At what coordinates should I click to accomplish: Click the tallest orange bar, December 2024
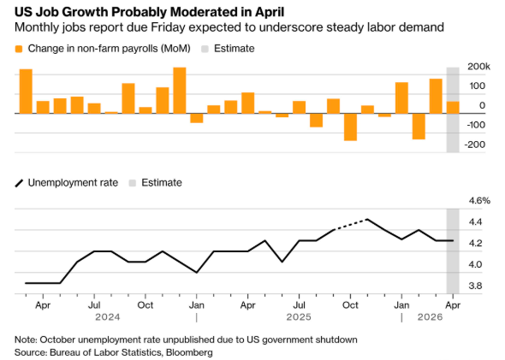(x=180, y=91)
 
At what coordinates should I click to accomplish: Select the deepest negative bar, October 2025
(x=350, y=127)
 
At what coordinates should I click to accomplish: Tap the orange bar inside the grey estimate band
(x=453, y=108)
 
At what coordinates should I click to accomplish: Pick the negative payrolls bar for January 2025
(x=197, y=118)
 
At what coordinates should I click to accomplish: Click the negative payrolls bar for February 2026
(x=419, y=127)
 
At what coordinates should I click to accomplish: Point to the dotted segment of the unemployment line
(x=350, y=225)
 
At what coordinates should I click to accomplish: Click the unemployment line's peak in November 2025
(x=367, y=220)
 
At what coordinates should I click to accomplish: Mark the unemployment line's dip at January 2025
(x=197, y=272)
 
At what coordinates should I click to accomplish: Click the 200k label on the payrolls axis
(x=478, y=67)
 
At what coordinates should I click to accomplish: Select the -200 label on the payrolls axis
(x=474, y=145)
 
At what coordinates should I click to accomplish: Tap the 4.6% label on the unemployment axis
(x=479, y=201)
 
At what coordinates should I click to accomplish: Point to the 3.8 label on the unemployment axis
(x=475, y=286)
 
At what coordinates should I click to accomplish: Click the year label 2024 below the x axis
(x=108, y=317)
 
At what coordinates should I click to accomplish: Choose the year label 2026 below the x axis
(x=430, y=317)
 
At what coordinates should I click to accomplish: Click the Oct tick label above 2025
(x=350, y=305)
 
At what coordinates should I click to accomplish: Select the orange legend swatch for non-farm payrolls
(x=19, y=49)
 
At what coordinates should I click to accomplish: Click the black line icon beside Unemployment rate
(x=20, y=183)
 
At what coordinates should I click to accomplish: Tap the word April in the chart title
(x=270, y=12)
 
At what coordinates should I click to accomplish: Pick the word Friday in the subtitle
(x=168, y=27)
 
